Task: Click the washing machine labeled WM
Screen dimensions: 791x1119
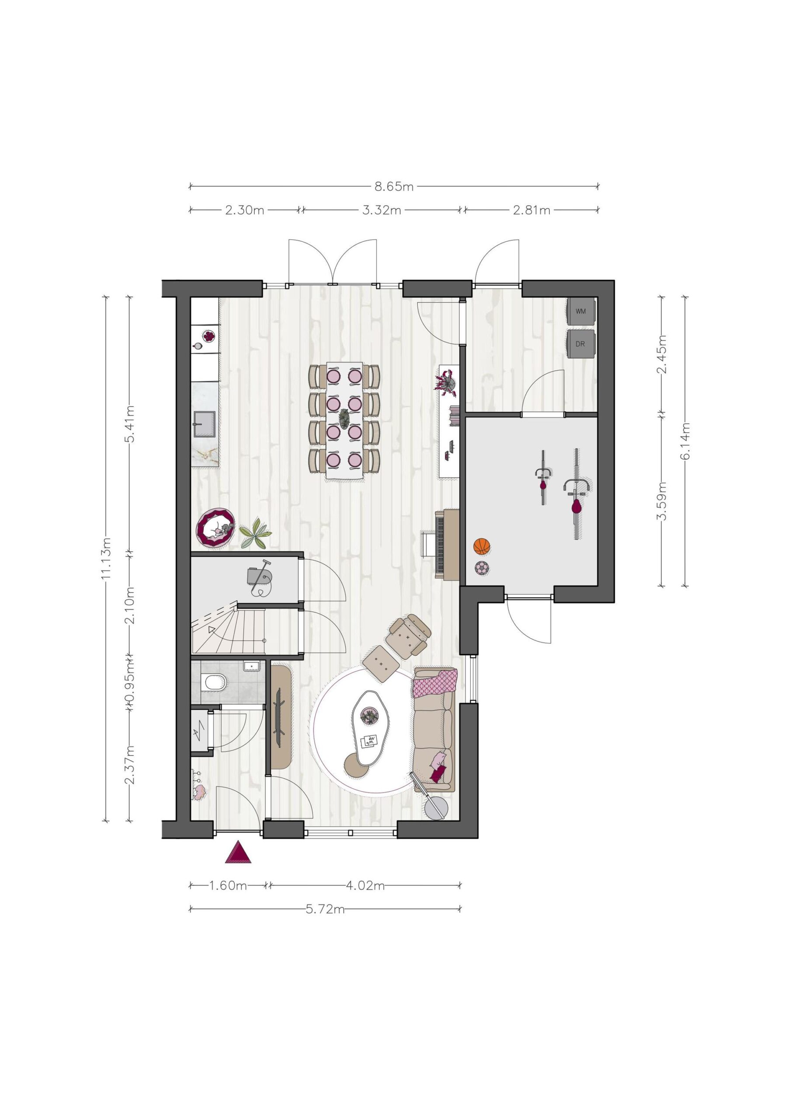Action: (x=580, y=311)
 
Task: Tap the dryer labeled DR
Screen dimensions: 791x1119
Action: (x=580, y=344)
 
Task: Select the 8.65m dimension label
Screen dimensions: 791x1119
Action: (x=394, y=186)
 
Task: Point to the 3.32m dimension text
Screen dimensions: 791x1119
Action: (x=382, y=210)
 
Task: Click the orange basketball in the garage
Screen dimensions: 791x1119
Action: (x=482, y=546)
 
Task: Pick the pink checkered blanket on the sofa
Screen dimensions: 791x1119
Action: (x=435, y=682)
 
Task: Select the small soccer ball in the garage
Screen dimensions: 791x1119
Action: (x=482, y=568)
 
